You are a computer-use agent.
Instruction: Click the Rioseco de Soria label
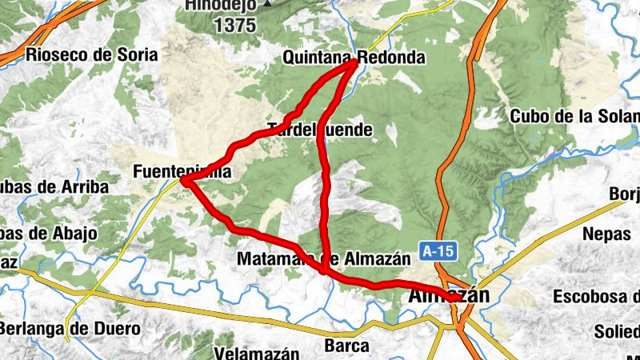pyautogui.click(x=92, y=55)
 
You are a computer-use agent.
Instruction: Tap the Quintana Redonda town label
pyautogui.click(x=353, y=58)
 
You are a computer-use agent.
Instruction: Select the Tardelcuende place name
pyautogui.click(x=320, y=129)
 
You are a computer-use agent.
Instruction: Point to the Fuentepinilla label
pyautogui.click(x=182, y=171)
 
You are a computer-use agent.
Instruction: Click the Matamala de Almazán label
pyautogui.click(x=323, y=258)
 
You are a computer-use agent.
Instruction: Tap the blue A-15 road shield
pyautogui.click(x=438, y=251)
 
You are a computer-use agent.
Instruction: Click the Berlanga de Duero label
pyautogui.click(x=70, y=328)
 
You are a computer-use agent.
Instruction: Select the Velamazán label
pyautogui.click(x=258, y=353)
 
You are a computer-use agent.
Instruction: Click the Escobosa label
pyautogui.click(x=596, y=297)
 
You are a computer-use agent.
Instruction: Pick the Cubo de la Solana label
pyautogui.click(x=575, y=116)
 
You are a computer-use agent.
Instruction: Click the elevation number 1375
pyautogui.click(x=234, y=25)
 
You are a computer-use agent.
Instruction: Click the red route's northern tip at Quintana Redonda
pyautogui.click(x=355, y=62)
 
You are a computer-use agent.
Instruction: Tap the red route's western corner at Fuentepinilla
pyautogui.click(x=184, y=182)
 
